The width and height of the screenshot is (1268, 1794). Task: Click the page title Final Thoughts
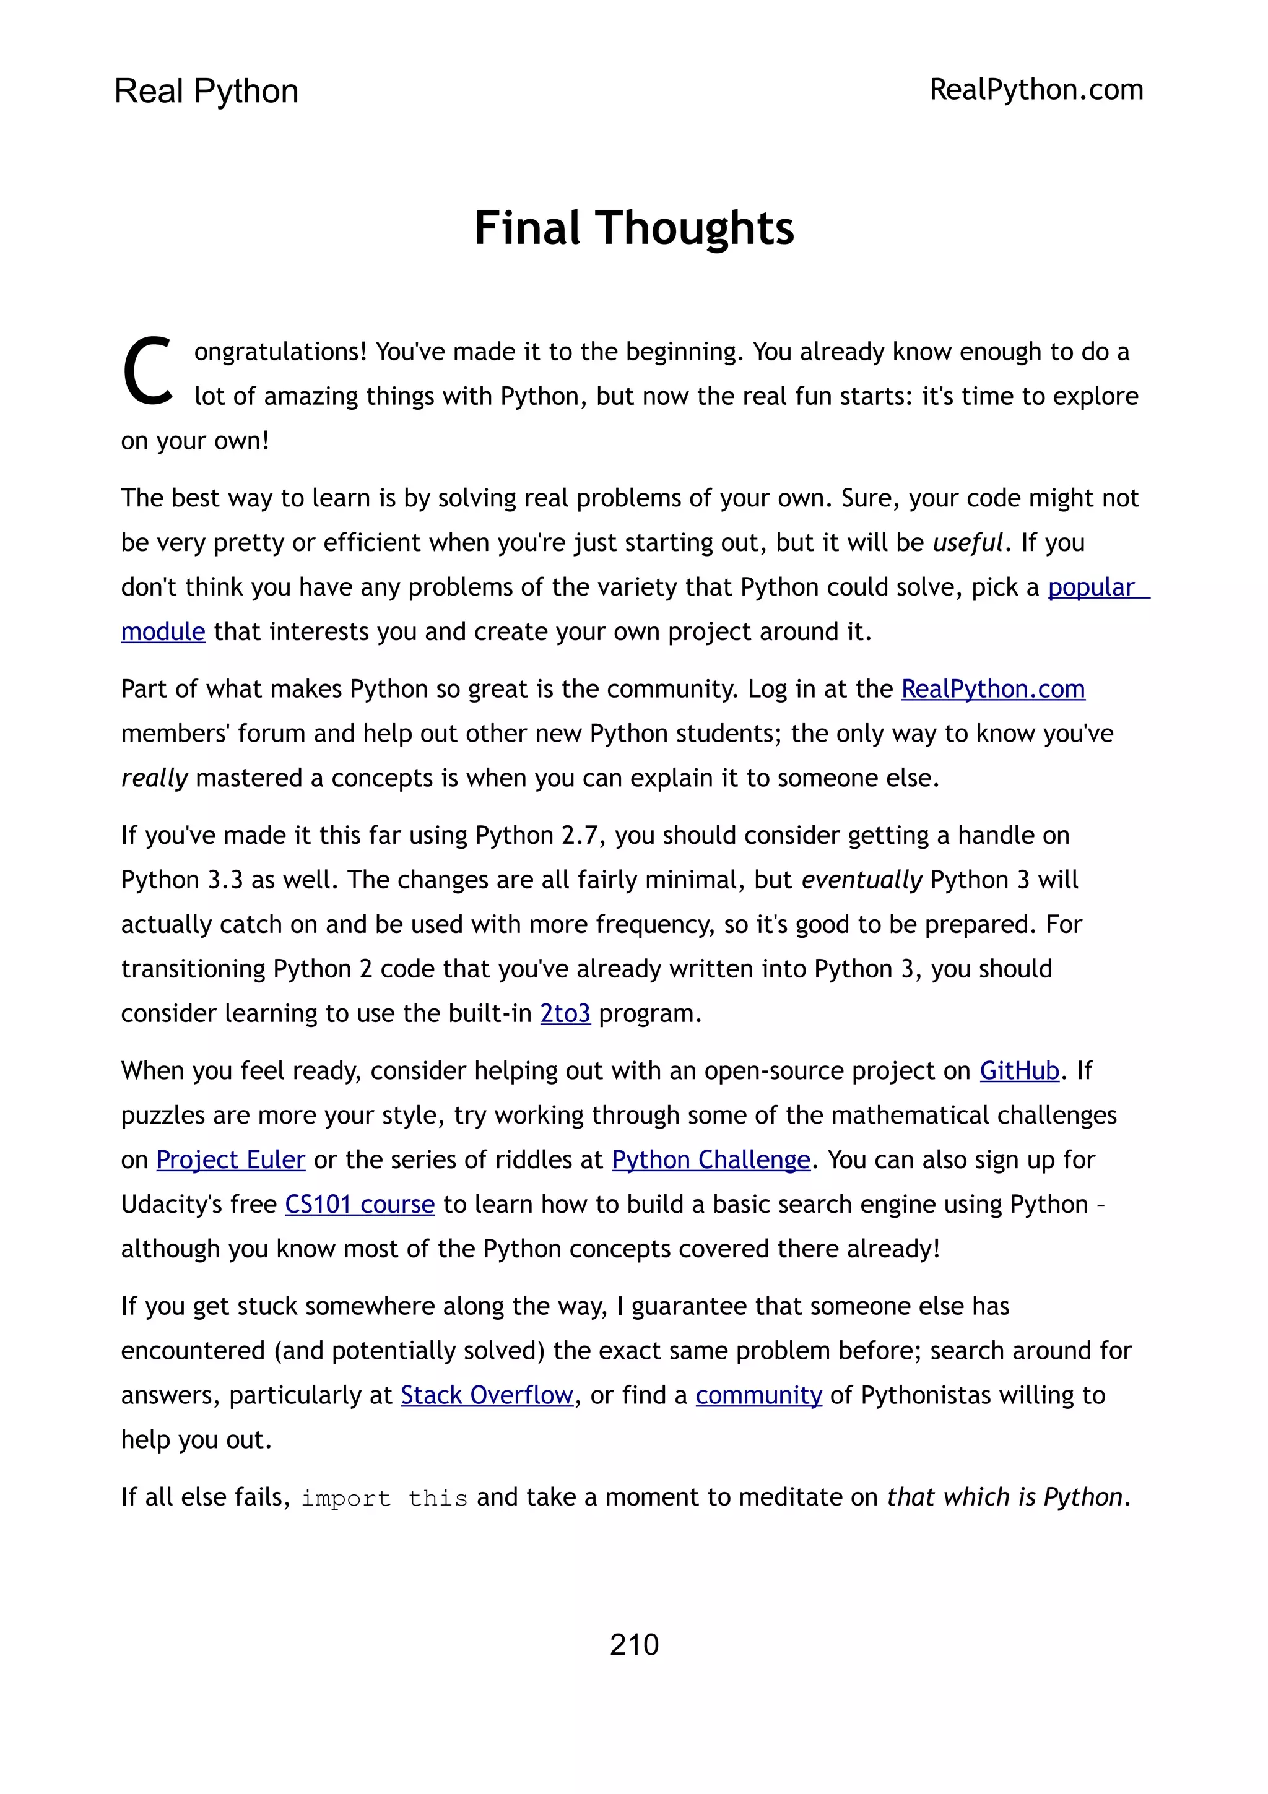(633, 228)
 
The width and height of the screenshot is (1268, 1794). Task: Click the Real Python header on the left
(206, 92)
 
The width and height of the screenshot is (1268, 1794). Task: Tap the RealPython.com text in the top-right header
(1036, 90)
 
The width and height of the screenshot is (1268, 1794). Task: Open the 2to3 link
(565, 1013)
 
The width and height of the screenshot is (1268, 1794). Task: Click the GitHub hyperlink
(1020, 1070)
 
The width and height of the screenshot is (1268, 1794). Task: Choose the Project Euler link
(230, 1159)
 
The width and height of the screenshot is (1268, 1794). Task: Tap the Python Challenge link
(711, 1159)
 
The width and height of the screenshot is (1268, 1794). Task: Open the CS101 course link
(359, 1204)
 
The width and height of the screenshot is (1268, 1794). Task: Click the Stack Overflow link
(487, 1395)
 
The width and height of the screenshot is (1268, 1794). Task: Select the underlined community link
(758, 1395)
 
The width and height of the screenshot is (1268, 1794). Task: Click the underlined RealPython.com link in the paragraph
(993, 689)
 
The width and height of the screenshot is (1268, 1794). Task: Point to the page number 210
(633, 1645)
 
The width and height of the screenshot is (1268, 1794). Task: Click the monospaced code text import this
(384, 1498)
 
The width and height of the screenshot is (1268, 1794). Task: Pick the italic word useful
(967, 542)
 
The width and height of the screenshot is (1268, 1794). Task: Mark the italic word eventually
(862, 880)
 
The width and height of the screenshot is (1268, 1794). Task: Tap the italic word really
(154, 778)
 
